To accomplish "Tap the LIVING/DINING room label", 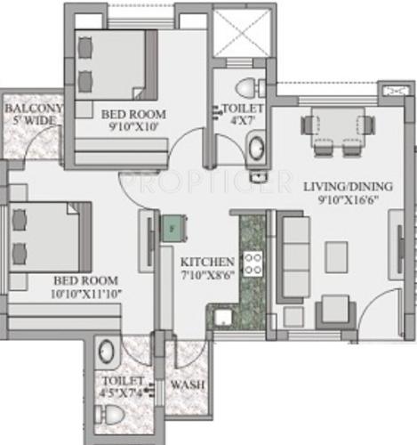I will pos(348,186).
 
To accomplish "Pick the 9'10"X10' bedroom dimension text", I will pos(131,126).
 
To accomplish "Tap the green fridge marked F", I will pos(171,228).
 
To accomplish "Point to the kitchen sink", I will pos(221,315).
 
